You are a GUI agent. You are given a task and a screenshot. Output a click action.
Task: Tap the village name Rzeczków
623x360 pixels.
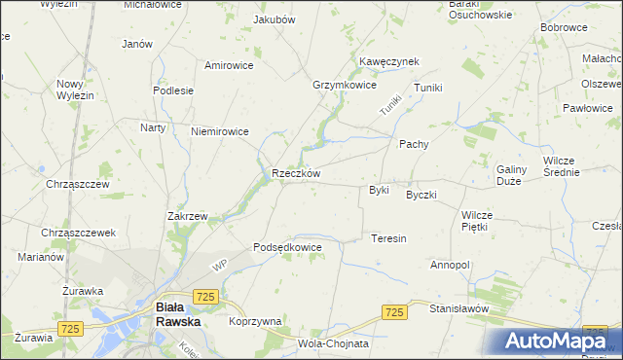click(x=296, y=174)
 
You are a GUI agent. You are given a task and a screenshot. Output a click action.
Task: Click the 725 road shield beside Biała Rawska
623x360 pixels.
click(x=204, y=296)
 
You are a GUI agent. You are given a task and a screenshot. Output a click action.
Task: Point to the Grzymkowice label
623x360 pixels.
click(x=344, y=86)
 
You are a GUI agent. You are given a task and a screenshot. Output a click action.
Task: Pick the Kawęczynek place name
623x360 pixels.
click(x=388, y=61)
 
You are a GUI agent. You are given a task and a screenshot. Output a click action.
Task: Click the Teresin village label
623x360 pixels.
click(x=388, y=238)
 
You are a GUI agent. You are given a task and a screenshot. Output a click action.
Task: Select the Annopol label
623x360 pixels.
click(x=450, y=265)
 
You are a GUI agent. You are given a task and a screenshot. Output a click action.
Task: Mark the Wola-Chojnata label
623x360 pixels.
click(x=333, y=343)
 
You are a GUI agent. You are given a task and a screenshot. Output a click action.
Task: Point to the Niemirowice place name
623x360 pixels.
click(x=220, y=131)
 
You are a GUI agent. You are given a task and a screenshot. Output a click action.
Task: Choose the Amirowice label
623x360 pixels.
click(x=229, y=65)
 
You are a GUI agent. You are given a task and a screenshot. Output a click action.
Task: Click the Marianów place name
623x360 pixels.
click(x=41, y=258)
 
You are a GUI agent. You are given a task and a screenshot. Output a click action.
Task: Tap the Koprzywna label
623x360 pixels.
click(x=255, y=321)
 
